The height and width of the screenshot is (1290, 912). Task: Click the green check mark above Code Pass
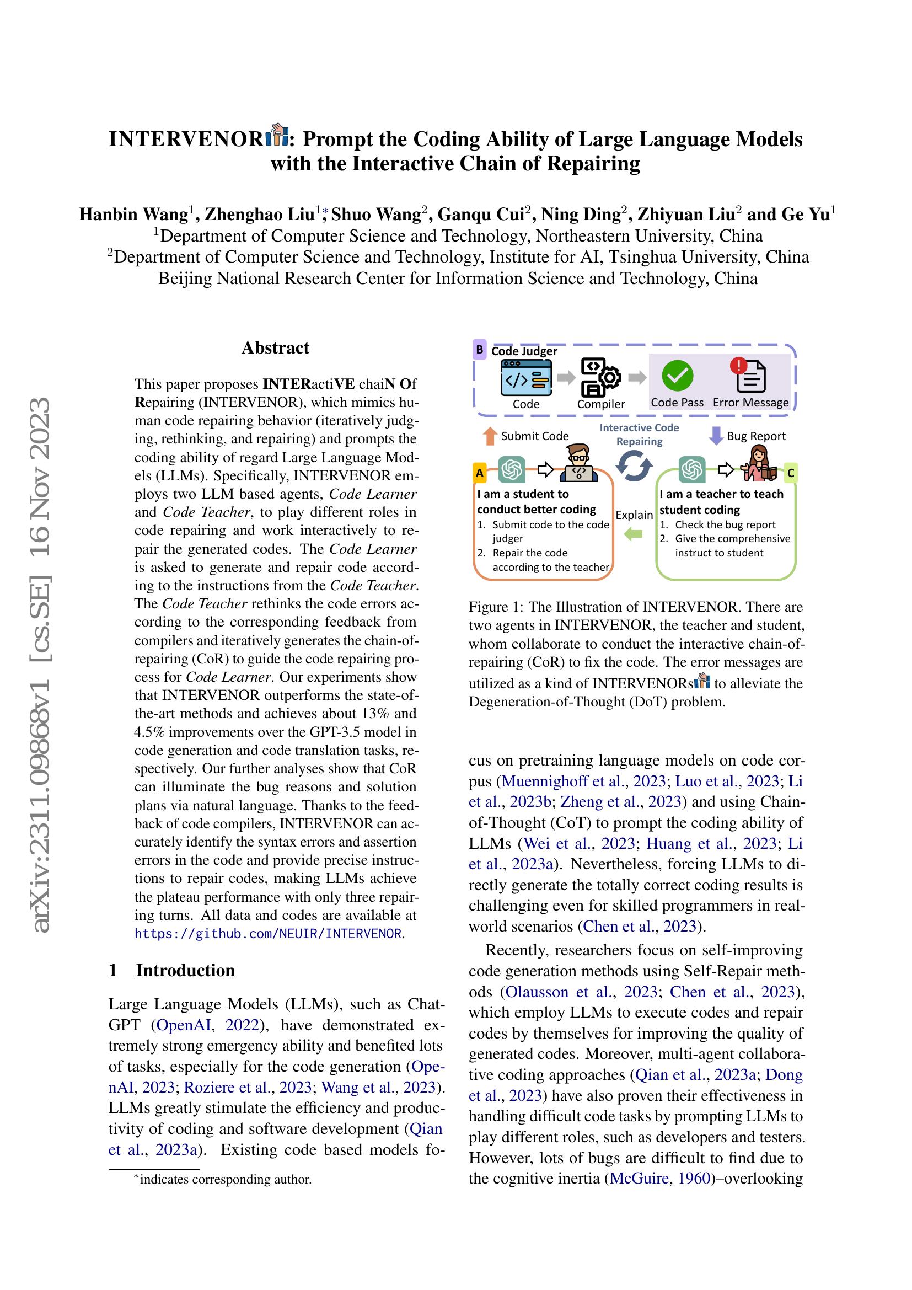(677, 376)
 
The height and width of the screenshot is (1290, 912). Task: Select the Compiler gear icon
(601, 377)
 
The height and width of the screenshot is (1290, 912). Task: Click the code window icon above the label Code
(526, 378)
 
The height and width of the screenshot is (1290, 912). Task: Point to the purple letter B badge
(480, 350)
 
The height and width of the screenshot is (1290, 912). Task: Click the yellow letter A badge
(480, 473)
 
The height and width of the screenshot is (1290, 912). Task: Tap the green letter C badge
(791, 473)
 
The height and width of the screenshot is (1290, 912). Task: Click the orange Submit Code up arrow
(490, 436)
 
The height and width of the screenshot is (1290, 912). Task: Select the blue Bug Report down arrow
(716, 436)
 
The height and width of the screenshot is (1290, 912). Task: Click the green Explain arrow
(634, 534)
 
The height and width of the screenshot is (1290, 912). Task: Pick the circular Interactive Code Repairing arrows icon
(634, 466)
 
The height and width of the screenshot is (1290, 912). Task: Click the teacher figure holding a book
(758, 463)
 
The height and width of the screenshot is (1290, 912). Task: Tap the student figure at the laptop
(578, 463)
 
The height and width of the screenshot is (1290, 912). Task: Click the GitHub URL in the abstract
(269, 934)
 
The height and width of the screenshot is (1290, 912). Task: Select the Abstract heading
(275, 348)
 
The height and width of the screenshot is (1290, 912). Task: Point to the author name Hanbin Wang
(133, 215)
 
